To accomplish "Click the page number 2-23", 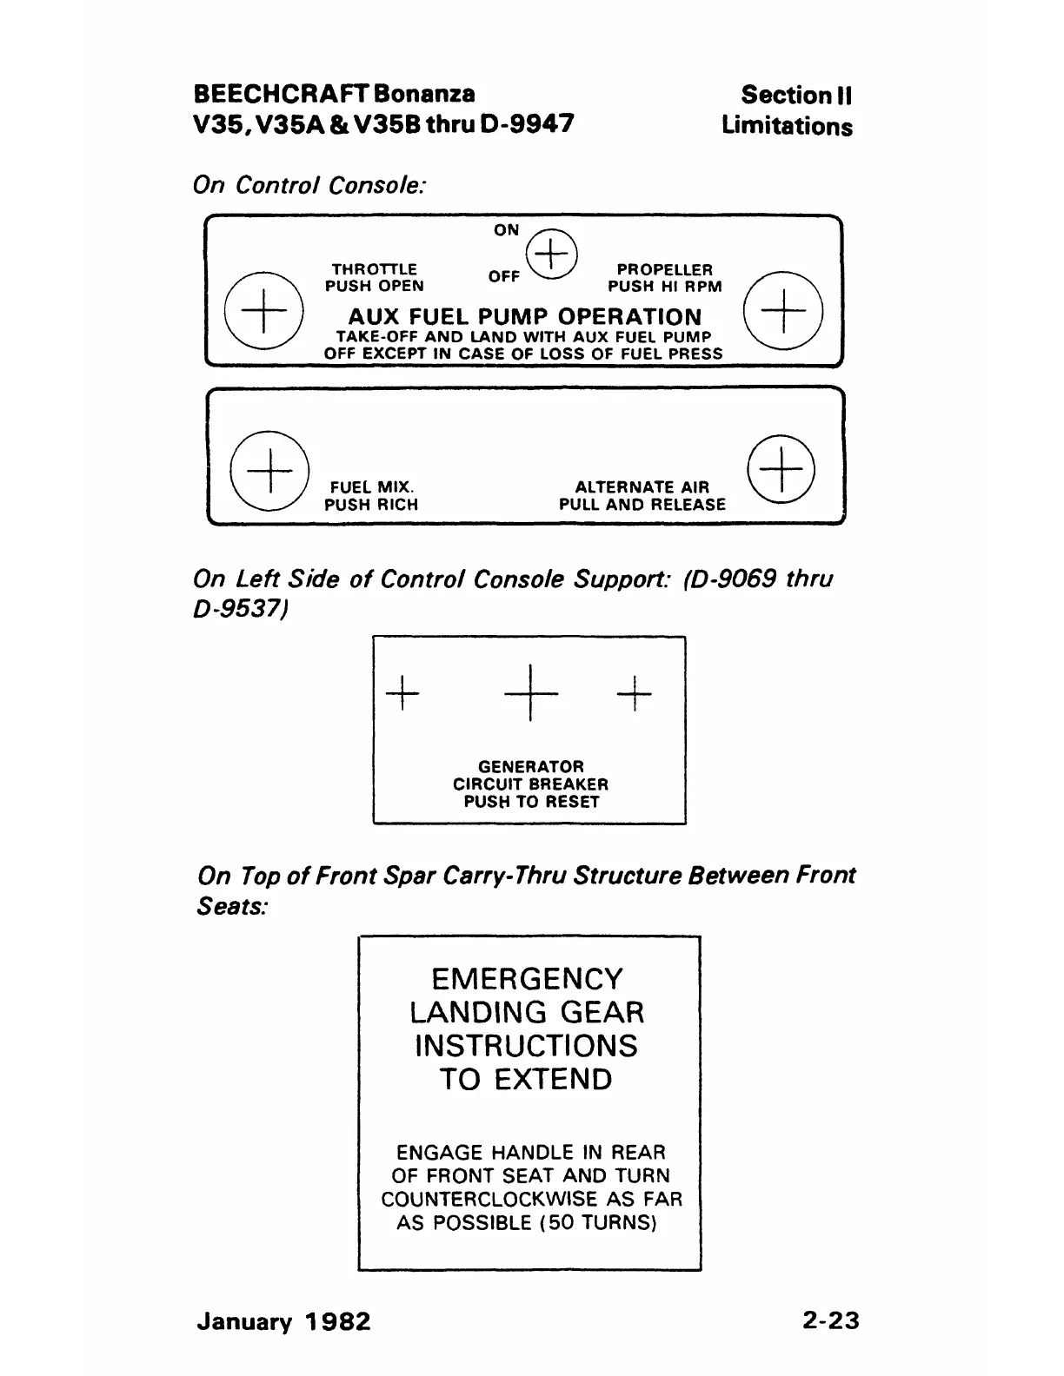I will tap(831, 1320).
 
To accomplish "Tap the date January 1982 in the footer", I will tap(284, 1322).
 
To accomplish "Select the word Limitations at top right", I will tap(787, 126).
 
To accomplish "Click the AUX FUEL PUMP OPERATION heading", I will tap(524, 317).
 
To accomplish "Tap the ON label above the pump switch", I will tap(506, 230).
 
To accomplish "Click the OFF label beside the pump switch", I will tap(504, 276).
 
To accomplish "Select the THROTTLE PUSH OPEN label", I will tap(375, 278).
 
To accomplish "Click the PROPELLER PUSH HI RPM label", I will tap(665, 278).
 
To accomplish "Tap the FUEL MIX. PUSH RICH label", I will tap(371, 496).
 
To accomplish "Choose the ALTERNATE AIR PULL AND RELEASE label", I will tap(642, 496).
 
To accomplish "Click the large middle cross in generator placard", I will tap(529, 692).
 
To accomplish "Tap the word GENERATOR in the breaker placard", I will tap(531, 767).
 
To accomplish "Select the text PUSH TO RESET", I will tap(531, 802).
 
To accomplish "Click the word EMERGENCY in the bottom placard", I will tap(528, 979).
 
